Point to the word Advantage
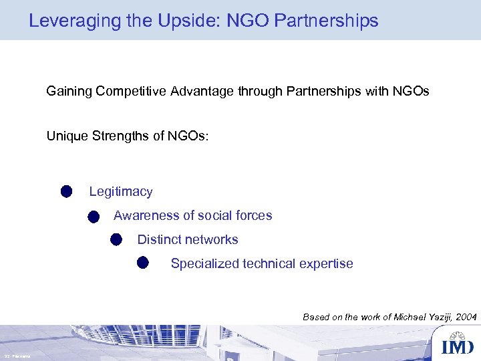pyautogui.click(x=202, y=90)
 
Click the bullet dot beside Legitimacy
pyautogui.click(x=65, y=192)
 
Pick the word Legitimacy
pyautogui.click(x=121, y=192)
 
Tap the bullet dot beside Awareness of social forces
pyautogui.click(x=93, y=216)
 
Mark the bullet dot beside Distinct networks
pyautogui.click(x=116, y=239)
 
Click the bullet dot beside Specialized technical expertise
pyautogui.click(x=143, y=262)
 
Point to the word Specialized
pyautogui.click(x=202, y=263)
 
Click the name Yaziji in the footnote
pyautogui.click(x=437, y=317)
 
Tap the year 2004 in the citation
pyautogui.click(x=466, y=317)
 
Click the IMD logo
pyautogui.click(x=457, y=346)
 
